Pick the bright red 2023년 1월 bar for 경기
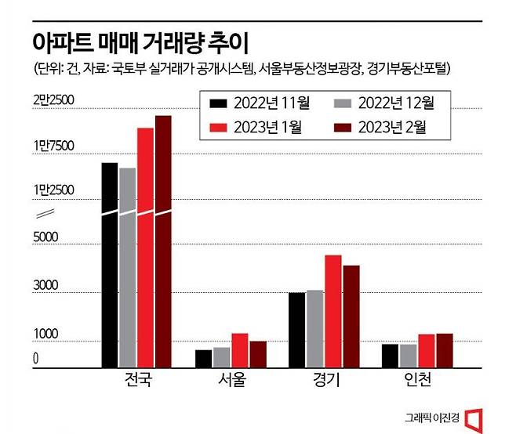(x=333, y=311)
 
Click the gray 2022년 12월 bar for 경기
(x=315, y=328)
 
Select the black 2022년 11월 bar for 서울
(x=203, y=358)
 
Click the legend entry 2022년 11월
(x=255, y=103)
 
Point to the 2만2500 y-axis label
(x=53, y=99)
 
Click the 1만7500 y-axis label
(x=53, y=145)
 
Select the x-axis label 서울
(x=231, y=382)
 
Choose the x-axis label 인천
(x=417, y=382)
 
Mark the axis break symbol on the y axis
(x=45, y=214)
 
